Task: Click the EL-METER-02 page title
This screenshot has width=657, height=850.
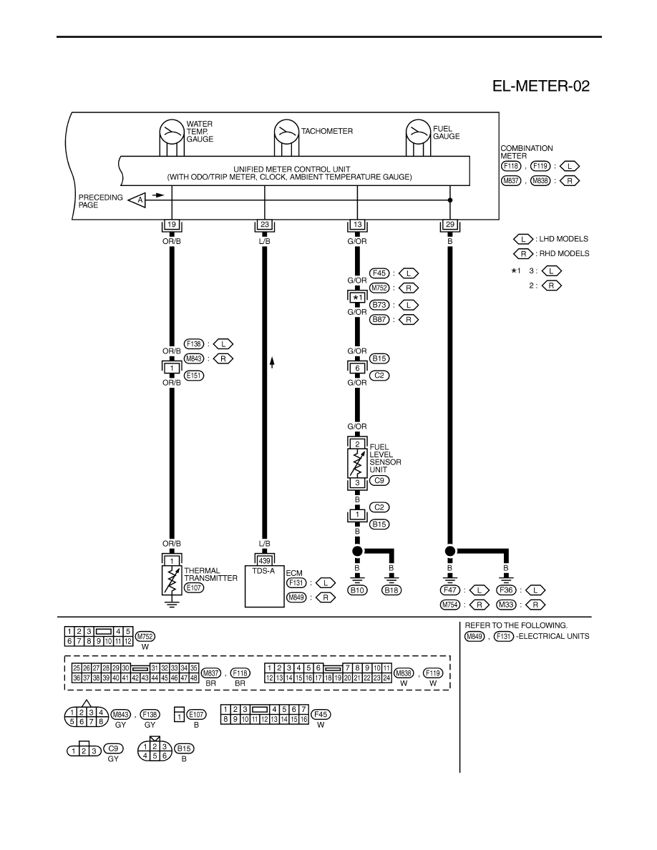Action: click(x=540, y=86)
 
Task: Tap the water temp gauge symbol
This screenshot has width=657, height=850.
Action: click(x=172, y=131)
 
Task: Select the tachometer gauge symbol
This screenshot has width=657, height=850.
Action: click(x=287, y=131)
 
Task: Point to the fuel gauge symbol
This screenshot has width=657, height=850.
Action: click(x=419, y=131)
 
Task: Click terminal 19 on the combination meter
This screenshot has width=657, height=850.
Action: click(x=172, y=225)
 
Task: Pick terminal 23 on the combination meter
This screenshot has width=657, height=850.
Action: click(x=265, y=225)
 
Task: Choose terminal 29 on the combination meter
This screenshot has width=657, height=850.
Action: click(x=450, y=225)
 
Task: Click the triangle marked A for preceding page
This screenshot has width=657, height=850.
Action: click(x=137, y=200)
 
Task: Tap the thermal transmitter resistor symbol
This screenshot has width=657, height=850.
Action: click(x=172, y=580)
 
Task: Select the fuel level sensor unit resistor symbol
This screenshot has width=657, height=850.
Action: click(x=357, y=464)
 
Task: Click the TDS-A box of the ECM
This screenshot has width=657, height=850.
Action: click(x=265, y=587)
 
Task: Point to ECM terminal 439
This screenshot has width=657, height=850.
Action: click(x=265, y=561)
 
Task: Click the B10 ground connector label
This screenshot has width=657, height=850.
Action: click(x=357, y=590)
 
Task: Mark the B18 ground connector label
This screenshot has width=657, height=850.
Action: click(x=391, y=590)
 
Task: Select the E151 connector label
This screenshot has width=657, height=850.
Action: click(x=194, y=376)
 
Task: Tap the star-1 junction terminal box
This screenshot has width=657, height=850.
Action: click(x=357, y=298)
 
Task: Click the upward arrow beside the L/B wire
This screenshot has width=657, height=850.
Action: click(x=272, y=363)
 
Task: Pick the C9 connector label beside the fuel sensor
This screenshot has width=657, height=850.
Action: click(x=379, y=480)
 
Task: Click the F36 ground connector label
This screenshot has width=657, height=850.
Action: click(x=506, y=590)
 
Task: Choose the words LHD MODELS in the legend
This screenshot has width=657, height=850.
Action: click(x=563, y=239)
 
